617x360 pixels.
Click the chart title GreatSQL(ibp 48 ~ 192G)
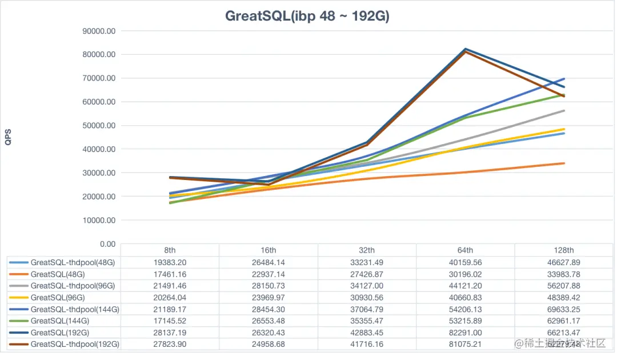pyautogui.click(x=307, y=16)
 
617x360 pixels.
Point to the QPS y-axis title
pyautogui.click(x=8, y=137)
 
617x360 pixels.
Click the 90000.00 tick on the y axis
pyautogui.click(x=100, y=31)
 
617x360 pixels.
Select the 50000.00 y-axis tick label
pyautogui.click(x=100, y=125)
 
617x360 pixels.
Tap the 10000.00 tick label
pyautogui.click(x=100, y=220)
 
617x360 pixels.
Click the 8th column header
pyautogui.click(x=170, y=250)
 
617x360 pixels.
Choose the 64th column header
pyautogui.click(x=465, y=250)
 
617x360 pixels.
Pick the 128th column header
pyautogui.click(x=564, y=250)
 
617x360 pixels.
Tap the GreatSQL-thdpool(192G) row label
pyautogui.click(x=75, y=344)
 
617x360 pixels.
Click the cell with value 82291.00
pyautogui.click(x=465, y=333)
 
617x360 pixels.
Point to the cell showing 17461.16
pyautogui.click(x=170, y=274)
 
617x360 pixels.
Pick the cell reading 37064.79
pyautogui.click(x=367, y=309)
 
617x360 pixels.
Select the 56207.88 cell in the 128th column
pyautogui.click(x=564, y=286)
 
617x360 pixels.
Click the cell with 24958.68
pyautogui.click(x=269, y=344)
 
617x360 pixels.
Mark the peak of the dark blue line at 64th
pyautogui.click(x=466, y=49)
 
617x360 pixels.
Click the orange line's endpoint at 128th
pyautogui.click(x=564, y=163)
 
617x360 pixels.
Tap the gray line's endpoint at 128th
pyautogui.click(x=564, y=111)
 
